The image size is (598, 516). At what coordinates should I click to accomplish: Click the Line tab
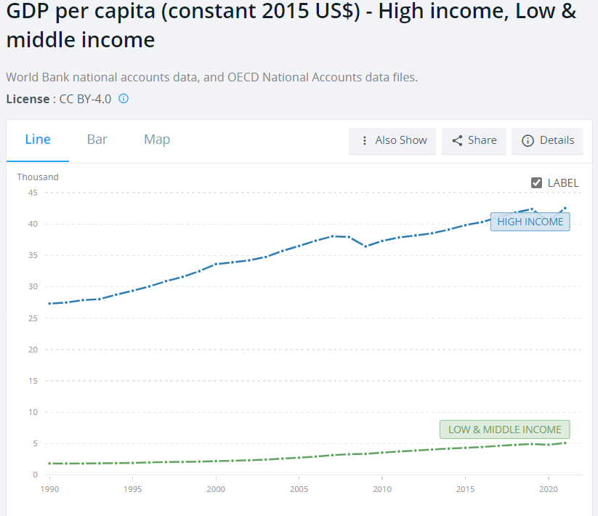[38, 140]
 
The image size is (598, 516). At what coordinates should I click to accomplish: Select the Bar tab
[97, 140]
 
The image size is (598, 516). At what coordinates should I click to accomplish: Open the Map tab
[157, 140]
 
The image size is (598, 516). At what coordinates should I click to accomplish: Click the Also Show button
[392, 141]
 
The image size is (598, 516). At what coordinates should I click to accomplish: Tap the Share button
[474, 141]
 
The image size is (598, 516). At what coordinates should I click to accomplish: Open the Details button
[548, 141]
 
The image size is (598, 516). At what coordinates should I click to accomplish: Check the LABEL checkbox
[537, 182]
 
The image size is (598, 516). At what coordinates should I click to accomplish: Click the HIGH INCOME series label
[530, 222]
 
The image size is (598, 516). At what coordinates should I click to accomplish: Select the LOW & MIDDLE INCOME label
[504, 430]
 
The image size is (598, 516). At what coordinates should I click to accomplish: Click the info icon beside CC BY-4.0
[124, 99]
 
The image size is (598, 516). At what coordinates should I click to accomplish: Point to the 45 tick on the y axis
[33, 193]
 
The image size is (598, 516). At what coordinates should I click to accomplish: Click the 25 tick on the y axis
[33, 318]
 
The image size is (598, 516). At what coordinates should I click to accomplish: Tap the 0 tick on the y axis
[35, 475]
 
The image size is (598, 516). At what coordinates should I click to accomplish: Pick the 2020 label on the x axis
[549, 488]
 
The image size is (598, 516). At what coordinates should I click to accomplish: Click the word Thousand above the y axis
[38, 177]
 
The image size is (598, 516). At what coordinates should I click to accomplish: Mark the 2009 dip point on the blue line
[365, 246]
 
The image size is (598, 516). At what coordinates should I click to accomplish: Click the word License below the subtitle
[27, 99]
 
